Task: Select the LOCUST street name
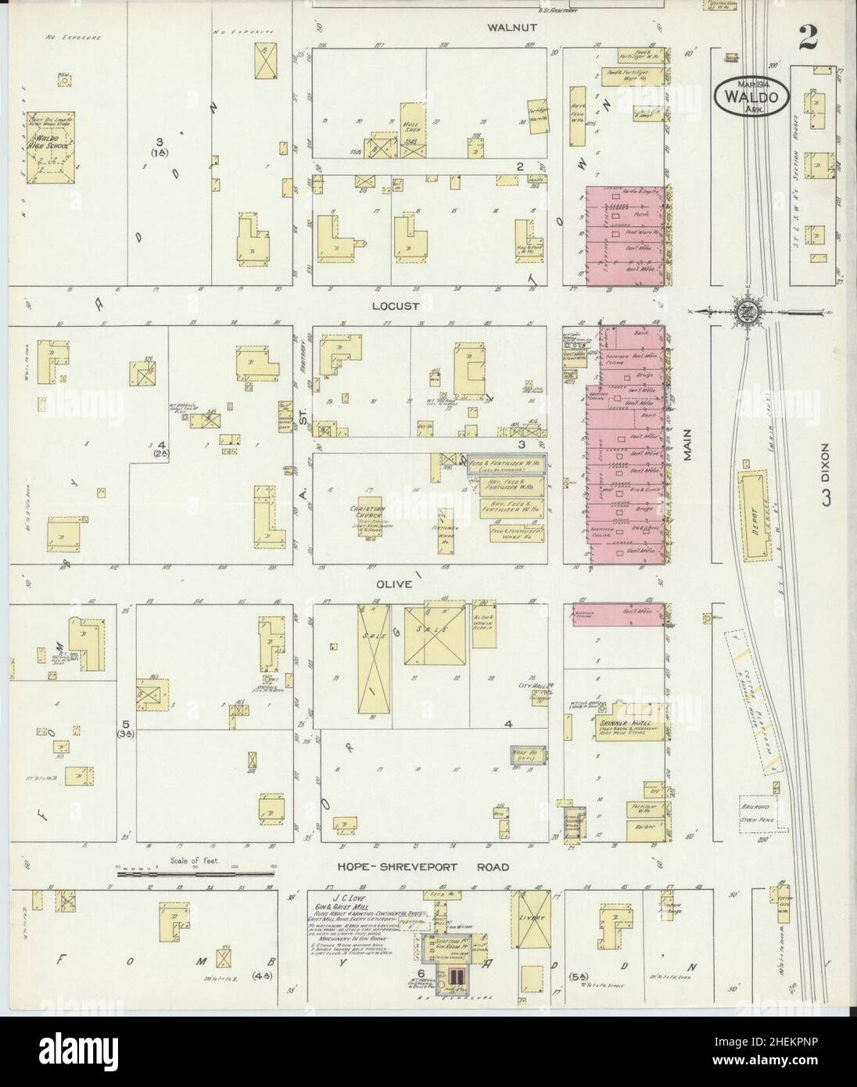[396, 306]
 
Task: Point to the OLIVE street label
[393, 583]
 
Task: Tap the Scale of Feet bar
[197, 871]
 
